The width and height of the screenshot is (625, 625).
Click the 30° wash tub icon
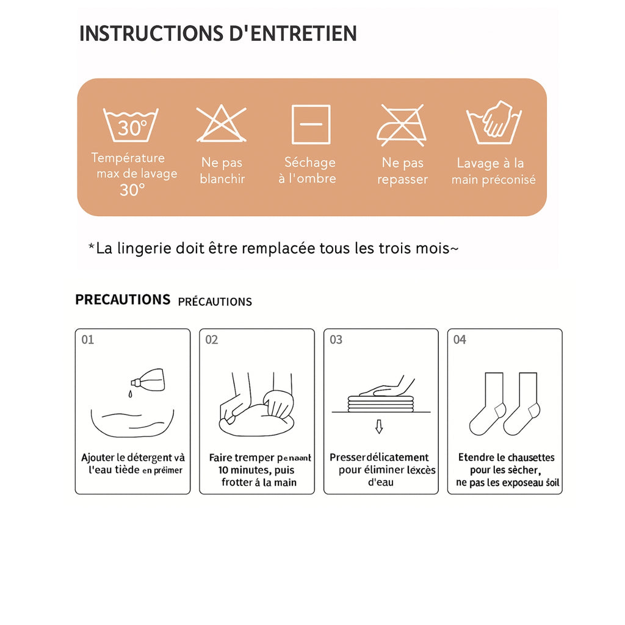point(131,125)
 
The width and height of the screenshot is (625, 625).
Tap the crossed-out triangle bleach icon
point(222,124)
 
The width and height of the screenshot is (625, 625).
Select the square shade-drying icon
point(311,124)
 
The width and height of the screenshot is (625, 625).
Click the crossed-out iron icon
point(402,125)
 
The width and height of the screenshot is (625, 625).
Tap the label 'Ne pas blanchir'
point(222,171)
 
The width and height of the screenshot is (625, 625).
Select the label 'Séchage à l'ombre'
point(309,170)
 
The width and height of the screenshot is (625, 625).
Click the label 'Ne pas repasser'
point(402,171)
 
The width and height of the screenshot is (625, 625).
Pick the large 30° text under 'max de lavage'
point(132,190)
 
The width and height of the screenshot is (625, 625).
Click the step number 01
point(88,339)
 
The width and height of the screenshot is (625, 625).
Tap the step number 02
point(212,339)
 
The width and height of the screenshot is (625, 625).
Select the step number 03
point(336,339)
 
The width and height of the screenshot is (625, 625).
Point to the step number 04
point(460,339)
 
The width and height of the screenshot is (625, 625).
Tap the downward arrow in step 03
point(379,426)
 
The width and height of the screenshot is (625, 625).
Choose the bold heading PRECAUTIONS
point(123,300)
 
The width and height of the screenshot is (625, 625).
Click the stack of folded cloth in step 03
point(381,403)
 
